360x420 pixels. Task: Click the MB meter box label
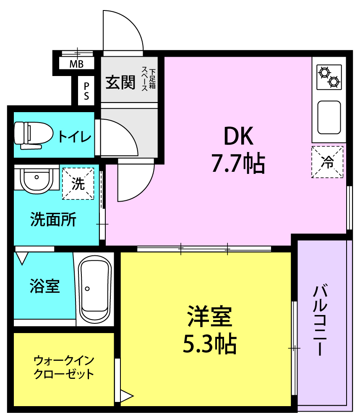[76, 64]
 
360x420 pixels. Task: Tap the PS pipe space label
[86, 91]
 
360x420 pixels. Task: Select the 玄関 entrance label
[120, 82]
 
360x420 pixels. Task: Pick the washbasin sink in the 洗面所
[37, 179]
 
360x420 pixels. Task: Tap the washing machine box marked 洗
[78, 184]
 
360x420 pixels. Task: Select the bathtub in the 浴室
[95, 289]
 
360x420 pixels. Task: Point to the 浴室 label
[44, 286]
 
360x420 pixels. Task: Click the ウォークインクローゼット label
[64, 367]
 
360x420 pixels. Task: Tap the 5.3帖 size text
[209, 344]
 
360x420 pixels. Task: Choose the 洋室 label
[209, 316]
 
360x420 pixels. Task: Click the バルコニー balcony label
[320, 320]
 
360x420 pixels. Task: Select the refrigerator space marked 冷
[327, 162]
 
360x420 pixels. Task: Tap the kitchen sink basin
[329, 117]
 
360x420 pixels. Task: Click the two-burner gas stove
[329, 77]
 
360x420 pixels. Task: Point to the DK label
[238, 136]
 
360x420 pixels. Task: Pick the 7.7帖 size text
[238, 163]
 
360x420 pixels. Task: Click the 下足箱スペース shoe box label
[149, 79]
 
